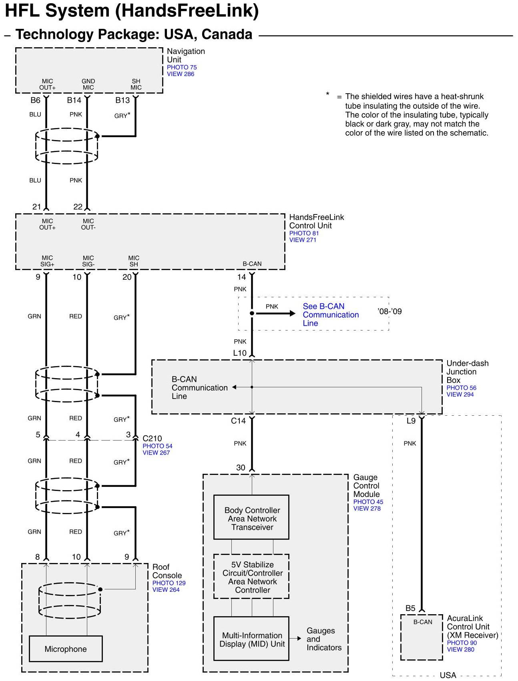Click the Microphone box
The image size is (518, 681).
coord(66,649)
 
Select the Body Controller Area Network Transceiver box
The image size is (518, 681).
coord(251,517)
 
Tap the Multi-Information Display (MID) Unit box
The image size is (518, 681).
coord(251,639)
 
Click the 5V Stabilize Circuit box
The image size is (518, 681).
coord(251,577)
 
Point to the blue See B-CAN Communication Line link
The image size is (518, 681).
coord(331,314)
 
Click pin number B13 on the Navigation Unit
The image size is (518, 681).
coord(122,100)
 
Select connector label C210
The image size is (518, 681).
coord(152,438)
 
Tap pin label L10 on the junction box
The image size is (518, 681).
coord(240,353)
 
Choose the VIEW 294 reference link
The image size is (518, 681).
coord(460,395)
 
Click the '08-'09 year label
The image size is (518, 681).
coord(390,311)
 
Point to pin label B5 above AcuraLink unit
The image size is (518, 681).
coord(410,608)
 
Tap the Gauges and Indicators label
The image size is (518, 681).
coord(324,639)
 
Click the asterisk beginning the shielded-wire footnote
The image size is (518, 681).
coord(327,94)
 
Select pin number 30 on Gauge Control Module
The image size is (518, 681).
coord(241,467)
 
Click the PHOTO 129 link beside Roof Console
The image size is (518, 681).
coord(169,583)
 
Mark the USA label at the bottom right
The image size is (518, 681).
coord(448,675)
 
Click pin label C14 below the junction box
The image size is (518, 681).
coord(238,421)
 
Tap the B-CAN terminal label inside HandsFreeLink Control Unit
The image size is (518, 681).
coord(252,264)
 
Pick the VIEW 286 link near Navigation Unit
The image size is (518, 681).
coord(181,74)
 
